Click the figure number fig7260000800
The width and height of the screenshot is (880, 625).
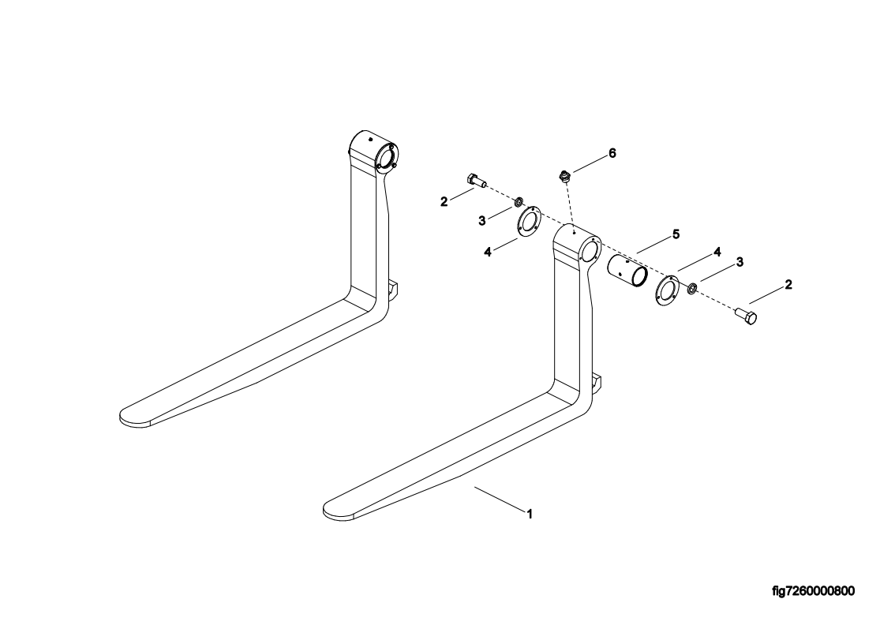[813, 591]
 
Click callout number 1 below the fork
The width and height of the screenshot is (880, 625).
[530, 513]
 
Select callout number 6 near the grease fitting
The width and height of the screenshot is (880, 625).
[612, 152]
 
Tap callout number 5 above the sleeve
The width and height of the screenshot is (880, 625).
[676, 234]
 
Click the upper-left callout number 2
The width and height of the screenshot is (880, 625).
[444, 202]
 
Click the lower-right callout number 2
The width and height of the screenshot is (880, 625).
[788, 284]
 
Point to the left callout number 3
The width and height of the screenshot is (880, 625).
[482, 221]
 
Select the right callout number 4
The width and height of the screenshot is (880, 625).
[717, 252]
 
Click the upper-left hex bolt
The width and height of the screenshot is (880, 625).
[474, 181]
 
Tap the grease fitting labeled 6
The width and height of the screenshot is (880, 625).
[564, 177]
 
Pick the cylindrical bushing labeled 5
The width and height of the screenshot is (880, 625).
[627, 272]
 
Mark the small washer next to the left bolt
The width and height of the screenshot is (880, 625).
[519, 203]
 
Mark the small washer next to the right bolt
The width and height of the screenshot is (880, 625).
[691, 286]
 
